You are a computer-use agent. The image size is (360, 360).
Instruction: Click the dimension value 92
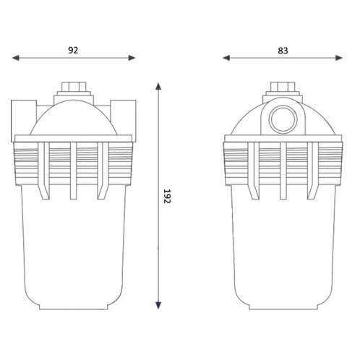72,50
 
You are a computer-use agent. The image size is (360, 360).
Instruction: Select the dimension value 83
282,50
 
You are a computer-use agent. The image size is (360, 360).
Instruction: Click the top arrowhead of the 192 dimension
158,85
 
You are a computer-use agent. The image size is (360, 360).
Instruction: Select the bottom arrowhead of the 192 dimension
158,306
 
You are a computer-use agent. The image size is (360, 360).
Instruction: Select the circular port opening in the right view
282,118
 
